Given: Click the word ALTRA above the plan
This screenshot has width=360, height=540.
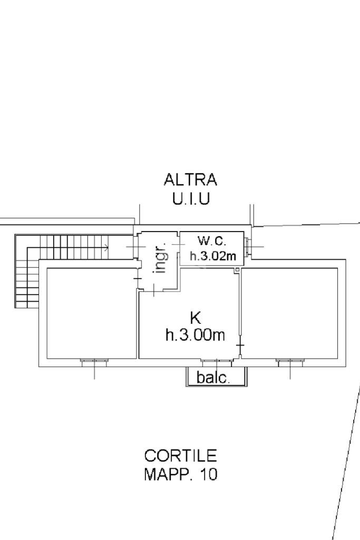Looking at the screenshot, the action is (190, 180).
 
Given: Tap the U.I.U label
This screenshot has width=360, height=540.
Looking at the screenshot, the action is (191, 199).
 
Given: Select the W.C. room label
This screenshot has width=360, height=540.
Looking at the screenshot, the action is (212, 240).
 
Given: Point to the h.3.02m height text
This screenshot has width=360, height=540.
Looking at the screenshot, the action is (213, 256).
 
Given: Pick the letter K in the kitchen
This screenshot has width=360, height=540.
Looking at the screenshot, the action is (196, 317).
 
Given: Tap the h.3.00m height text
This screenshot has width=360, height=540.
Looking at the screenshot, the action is (196, 334).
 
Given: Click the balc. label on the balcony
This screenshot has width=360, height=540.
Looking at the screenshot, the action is (213, 378).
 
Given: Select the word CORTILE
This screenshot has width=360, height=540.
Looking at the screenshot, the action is (180, 456).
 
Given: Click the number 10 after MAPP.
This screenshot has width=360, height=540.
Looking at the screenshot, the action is (209, 474).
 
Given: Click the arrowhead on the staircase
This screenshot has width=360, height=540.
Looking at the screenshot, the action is (107, 247).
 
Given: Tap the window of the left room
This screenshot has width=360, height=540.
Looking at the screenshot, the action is (94, 361).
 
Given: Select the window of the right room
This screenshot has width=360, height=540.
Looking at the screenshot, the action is (290, 361).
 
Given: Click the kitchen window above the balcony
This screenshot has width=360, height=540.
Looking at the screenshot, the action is (217, 361).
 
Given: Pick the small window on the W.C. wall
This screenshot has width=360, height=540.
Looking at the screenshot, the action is (247, 247).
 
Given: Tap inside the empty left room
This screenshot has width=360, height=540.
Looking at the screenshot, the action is (91, 313).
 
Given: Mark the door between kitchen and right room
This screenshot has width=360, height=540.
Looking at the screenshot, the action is (240, 345).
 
